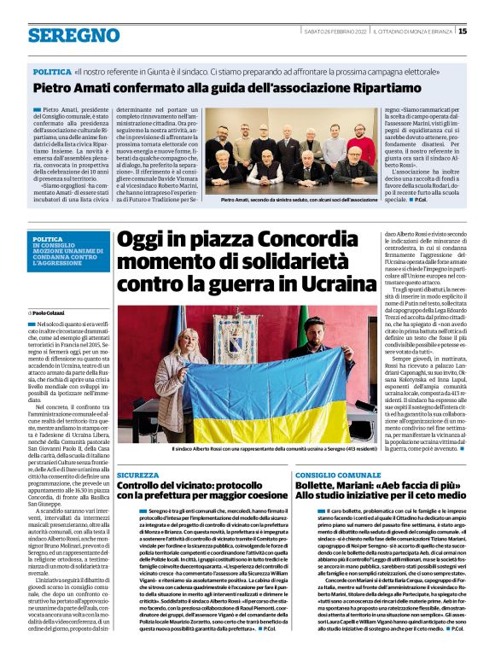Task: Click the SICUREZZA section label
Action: [x=137, y=474]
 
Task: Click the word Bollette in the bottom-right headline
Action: [x=320, y=485]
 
